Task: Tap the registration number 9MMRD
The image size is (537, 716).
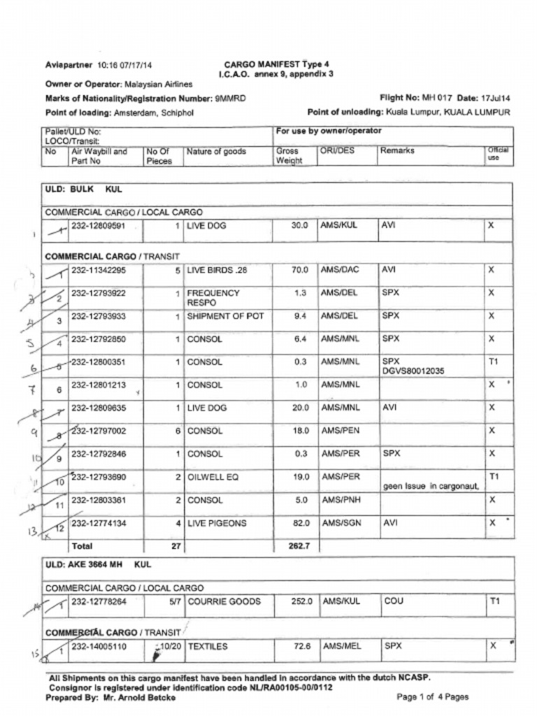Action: coord(230,99)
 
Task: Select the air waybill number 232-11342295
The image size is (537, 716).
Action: coord(99,270)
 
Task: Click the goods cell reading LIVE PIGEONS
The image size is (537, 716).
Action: coord(217,523)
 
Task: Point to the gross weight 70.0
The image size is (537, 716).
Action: coord(300,270)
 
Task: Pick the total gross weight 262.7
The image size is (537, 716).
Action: coord(299,546)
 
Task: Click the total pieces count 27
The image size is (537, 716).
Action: coord(176,546)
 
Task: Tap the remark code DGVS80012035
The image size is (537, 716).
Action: coord(413,371)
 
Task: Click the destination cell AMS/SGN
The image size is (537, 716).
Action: coord(339,523)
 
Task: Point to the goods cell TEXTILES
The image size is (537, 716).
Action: coord(208,647)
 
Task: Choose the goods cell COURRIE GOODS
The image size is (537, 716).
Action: coord(224,601)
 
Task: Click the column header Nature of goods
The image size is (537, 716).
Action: coord(216,151)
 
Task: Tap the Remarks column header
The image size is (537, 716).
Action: coord(397,150)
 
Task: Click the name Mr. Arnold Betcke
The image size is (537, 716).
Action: coord(135,697)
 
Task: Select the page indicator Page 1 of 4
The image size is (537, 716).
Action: coord(432,697)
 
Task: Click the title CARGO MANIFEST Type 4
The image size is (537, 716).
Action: coord(276,64)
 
